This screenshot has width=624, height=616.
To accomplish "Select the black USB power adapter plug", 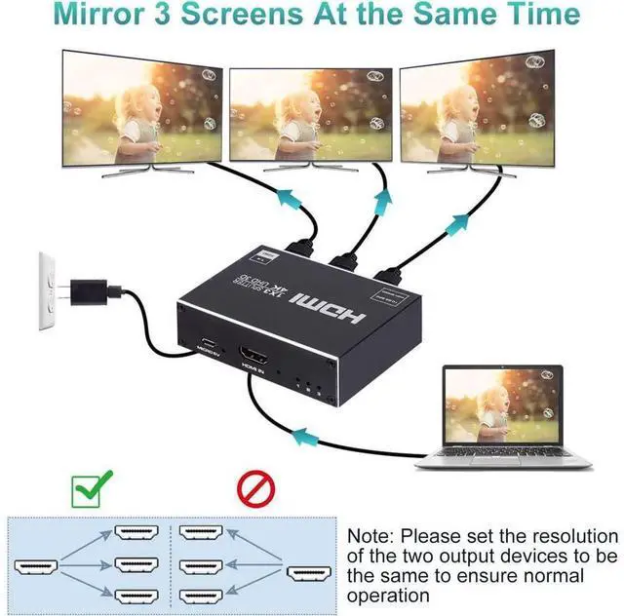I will pyautogui.click(x=92, y=289).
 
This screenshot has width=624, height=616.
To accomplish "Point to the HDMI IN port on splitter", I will pyautogui.click(x=255, y=362).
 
